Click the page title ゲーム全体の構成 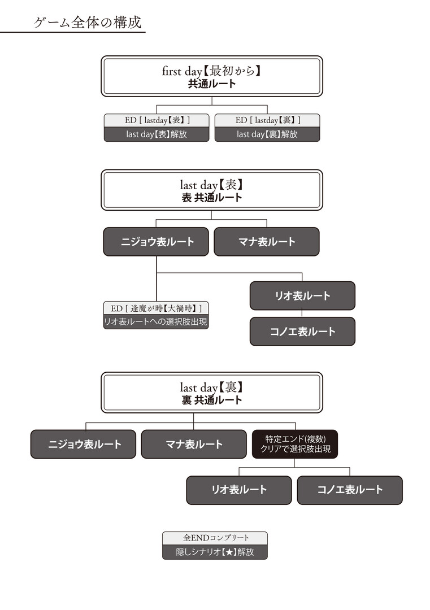pyautogui.click(x=88, y=23)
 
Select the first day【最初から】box pyautogui.click(x=211, y=76)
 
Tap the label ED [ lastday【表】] pyautogui.click(x=157, y=120)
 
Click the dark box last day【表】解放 pyautogui.click(x=157, y=134)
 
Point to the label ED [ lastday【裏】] pyautogui.click(x=267, y=120)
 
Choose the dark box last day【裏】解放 pyautogui.click(x=267, y=134)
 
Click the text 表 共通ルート pyautogui.click(x=211, y=198)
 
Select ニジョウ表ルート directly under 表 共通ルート pyautogui.click(x=157, y=242)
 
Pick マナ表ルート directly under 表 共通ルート pyautogui.click(x=266, y=242)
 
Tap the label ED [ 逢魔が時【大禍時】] pyautogui.click(x=157, y=308)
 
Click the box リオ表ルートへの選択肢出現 pyautogui.click(x=157, y=322)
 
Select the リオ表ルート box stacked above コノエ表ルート pyautogui.click(x=302, y=296)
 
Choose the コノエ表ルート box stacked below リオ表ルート pyautogui.click(x=302, y=332)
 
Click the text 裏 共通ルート pyautogui.click(x=211, y=400)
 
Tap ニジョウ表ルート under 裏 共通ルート pyautogui.click(x=84, y=444)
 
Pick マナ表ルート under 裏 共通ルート pyautogui.click(x=194, y=444)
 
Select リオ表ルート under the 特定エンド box pyautogui.click(x=239, y=490)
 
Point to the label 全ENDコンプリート pyautogui.click(x=215, y=538)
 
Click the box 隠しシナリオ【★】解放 pyautogui.click(x=215, y=552)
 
